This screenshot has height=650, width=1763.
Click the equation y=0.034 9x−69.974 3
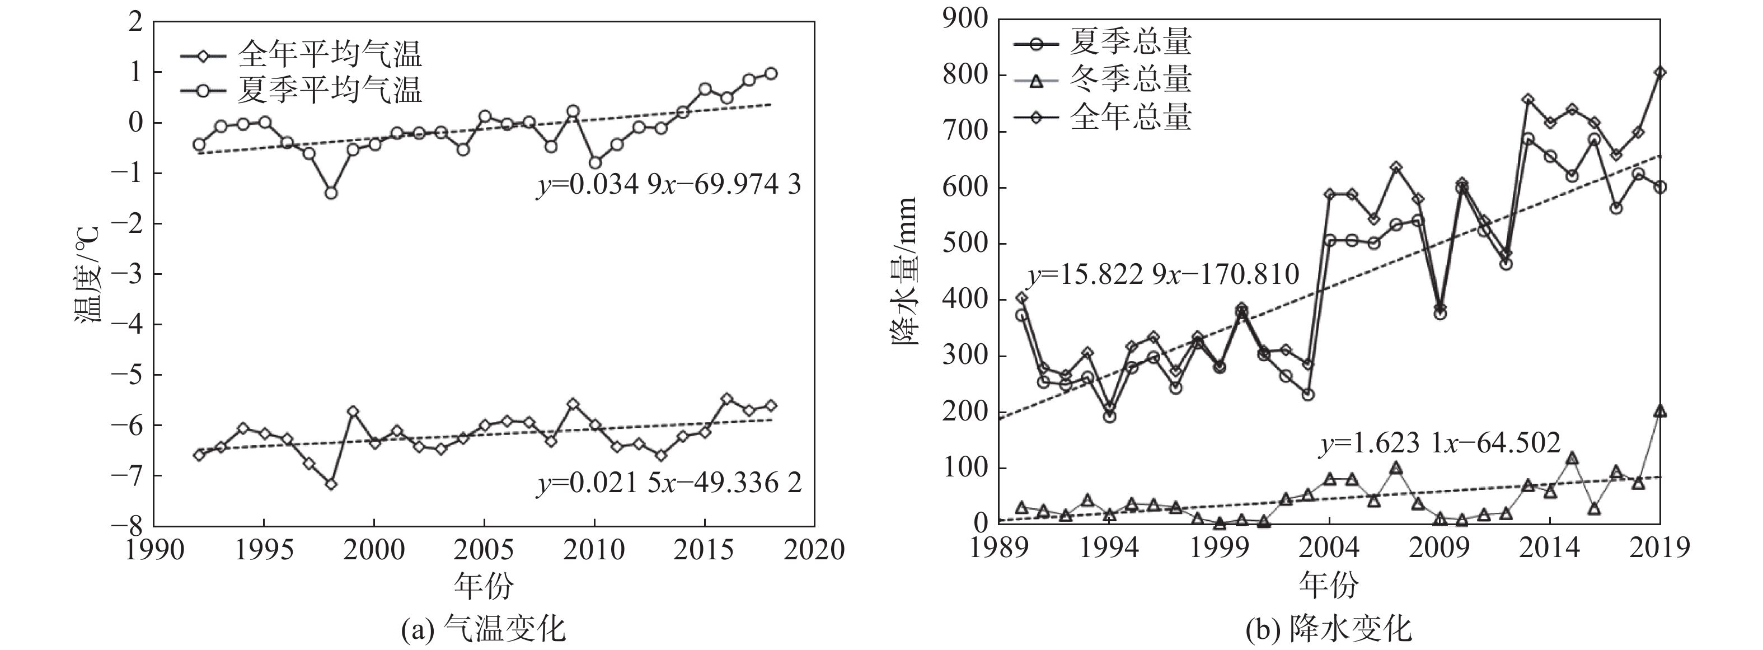(x=668, y=185)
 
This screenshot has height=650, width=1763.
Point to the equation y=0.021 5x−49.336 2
(x=668, y=484)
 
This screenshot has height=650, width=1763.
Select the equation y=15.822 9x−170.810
(x=1163, y=275)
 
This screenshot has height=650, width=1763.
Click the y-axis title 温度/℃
(x=88, y=274)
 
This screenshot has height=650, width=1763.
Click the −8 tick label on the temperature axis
(x=126, y=526)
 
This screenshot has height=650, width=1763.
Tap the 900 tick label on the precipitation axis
(x=964, y=19)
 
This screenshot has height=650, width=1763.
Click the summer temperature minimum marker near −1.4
(x=331, y=193)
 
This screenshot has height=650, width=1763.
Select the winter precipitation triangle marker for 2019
(x=1659, y=411)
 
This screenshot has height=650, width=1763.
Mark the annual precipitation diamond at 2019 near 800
(x=1659, y=73)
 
